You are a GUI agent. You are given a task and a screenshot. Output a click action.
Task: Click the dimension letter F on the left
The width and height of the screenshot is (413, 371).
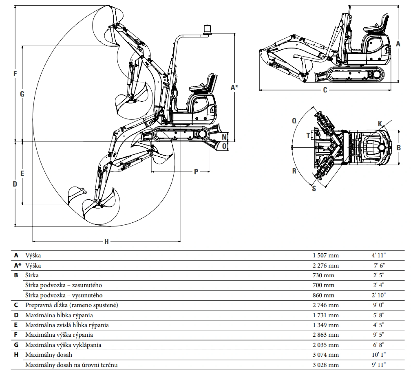pyautogui.click(x=15, y=74)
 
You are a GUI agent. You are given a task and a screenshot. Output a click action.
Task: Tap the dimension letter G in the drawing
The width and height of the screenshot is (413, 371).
pyautogui.click(x=22, y=94)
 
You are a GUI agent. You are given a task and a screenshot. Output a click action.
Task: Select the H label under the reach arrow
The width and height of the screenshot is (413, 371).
pyautogui.click(x=107, y=242)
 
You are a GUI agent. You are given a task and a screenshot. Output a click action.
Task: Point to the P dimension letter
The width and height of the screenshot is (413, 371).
pyautogui.click(x=196, y=172)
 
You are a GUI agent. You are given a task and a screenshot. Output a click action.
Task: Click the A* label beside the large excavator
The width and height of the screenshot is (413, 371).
pyautogui.click(x=234, y=88)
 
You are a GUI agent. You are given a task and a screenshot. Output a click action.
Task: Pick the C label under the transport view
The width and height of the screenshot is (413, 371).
pyautogui.click(x=325, y=90)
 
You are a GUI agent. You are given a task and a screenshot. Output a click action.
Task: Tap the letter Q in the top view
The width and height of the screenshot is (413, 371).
pyautogui.click(x=294, y=121)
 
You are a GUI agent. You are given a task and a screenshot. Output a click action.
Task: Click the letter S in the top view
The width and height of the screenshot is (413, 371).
pyautogui.click(x=314, y=189)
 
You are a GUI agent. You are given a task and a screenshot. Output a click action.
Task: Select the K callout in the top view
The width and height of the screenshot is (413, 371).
pyautogui.click(x=380, y=124)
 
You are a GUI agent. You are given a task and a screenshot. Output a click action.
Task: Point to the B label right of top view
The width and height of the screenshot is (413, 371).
pyautogui.click(x=399, y=148)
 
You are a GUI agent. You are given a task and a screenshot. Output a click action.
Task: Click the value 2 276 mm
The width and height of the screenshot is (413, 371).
pyautogui.click(x=326, y=265)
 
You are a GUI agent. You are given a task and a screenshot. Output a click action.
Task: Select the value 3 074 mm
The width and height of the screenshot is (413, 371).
pyautogui.click(x=326, y=355)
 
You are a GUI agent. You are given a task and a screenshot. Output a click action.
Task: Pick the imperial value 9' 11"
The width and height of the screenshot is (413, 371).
pyautogui.click(x=378, y=365)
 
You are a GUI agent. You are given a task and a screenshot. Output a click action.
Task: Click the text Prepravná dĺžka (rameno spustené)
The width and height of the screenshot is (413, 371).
pyautogui.click(x=72, y=305)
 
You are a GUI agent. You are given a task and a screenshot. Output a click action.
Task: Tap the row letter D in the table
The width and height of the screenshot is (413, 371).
pyautogui.click(x=16, y=315)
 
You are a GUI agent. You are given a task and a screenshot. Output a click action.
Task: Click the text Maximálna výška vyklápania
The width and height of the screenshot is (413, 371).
pyautogui.click(x=63, y=345)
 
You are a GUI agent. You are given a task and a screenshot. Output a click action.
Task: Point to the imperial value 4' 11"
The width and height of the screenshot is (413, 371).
pyautogui.click(x=378, y=255)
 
